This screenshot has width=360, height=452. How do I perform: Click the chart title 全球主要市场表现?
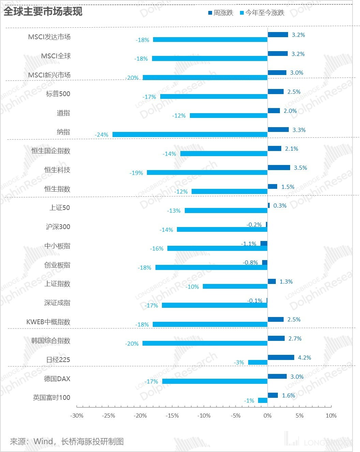click(x=43, y=12)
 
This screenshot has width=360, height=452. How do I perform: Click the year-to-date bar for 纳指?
click(x=190, y=135)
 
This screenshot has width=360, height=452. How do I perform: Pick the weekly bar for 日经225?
click(x=281, y=357)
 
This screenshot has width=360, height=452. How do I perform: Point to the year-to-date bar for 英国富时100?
click(x=262, y=400)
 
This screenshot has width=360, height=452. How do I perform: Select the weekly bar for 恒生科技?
click(x=279, y=167)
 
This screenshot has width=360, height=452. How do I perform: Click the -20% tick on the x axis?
click(x=140, y=416)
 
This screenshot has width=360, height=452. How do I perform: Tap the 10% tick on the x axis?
click(x=331, y=416)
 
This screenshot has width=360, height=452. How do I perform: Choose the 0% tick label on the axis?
click(x=268, y=416)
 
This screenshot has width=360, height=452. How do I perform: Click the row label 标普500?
click(x=58, y=94)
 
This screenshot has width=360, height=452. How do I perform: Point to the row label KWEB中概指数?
click(x=48, y=322)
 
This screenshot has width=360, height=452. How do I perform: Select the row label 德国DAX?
click(x=57, y=379)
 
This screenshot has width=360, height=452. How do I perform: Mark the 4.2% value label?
click(x=304, y=358)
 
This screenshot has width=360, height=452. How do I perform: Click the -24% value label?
click(x=102, y=135)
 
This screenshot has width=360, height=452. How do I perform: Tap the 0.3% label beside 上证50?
click(x=280, y=206)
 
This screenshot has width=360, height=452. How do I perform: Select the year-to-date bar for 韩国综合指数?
click(x=205, y=343)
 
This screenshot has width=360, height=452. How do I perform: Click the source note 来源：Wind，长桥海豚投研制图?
click(x=67, y=441)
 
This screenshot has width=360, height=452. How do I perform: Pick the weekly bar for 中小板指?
click(x=264, y=243)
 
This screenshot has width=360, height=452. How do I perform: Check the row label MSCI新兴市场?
click(x=49, y=75)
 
